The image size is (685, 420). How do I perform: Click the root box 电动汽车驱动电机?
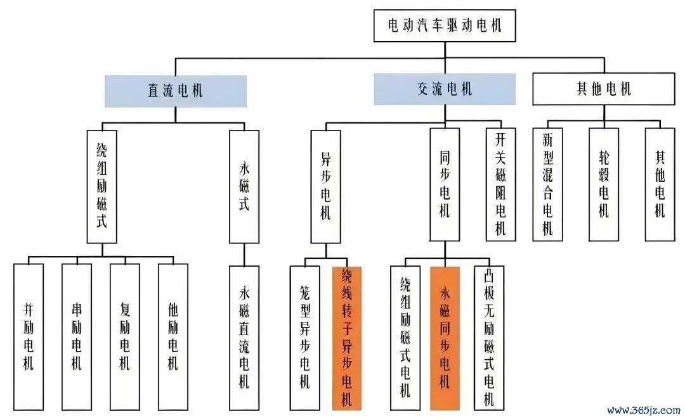445,26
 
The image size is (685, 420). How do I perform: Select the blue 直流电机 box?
176,91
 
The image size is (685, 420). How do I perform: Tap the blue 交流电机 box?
445,89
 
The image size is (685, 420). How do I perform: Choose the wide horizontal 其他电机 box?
604,89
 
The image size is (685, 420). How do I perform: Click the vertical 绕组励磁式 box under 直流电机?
101,187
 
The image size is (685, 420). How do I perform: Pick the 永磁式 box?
244,187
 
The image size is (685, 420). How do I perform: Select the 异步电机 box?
326,187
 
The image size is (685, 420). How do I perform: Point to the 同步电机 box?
445,184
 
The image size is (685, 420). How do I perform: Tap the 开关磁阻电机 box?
501,184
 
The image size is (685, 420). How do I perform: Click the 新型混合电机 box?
548,184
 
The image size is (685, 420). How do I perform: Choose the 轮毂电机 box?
604,184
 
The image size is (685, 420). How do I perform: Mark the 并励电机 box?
29,337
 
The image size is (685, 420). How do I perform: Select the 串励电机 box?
77,337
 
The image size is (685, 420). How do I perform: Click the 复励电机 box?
125,337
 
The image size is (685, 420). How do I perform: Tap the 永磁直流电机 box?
244,338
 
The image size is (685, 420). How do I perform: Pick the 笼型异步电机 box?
305,338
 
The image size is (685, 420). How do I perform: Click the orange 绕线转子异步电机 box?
347,338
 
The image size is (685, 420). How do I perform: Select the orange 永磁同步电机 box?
445,338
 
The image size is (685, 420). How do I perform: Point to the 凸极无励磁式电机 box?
489,338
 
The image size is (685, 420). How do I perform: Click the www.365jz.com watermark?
644,410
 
